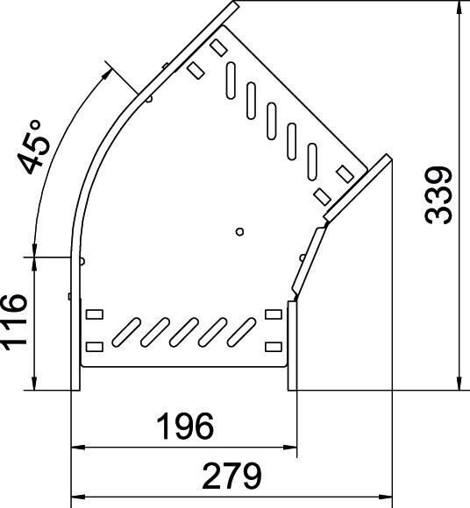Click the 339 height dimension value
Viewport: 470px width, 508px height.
pos(439,194)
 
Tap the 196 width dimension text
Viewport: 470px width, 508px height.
pos(184,427)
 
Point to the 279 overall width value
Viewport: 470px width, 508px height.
pos(232,476)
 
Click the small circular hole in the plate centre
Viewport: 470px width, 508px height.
pos(239,231)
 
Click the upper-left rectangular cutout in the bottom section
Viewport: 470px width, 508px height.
pos(94,313)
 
